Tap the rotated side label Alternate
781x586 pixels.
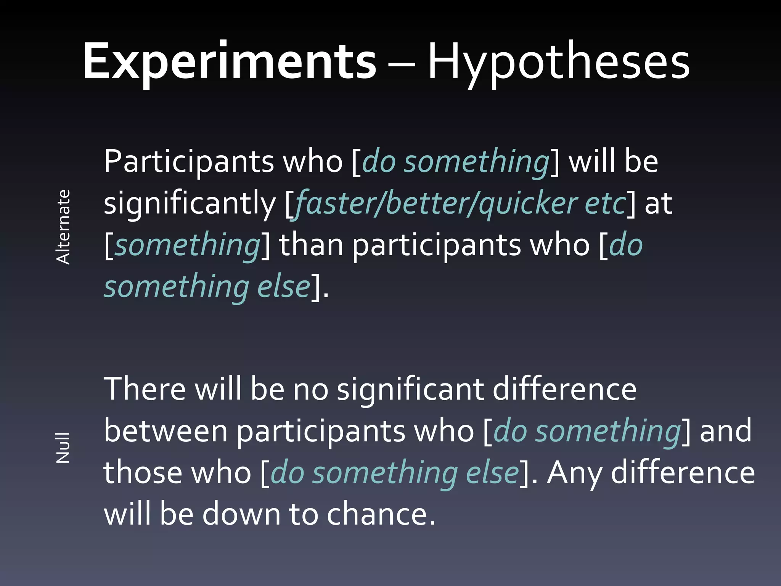point(63,227)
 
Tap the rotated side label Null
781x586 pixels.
point(63,448)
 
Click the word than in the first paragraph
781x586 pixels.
point(311,245)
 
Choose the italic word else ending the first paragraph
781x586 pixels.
point(283,287)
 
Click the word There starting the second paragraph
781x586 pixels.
point(145,389)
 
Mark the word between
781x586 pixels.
point(166,431)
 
